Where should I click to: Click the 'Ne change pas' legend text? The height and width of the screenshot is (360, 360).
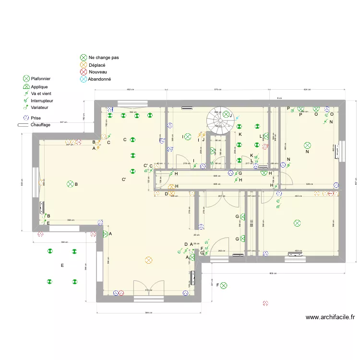[x=104, y=58]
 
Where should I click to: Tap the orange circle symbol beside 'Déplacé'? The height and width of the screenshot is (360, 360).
[x=84, y=65]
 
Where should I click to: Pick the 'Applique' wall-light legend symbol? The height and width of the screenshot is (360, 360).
[x=26, y=86]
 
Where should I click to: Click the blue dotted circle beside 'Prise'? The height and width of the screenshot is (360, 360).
[x=26, y=118]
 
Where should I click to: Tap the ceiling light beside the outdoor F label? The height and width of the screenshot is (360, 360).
[x=224, y=286]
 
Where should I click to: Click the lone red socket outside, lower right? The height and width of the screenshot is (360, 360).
[x=265, y=303]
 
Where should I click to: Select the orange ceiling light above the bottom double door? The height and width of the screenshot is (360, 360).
[x=148, y=260]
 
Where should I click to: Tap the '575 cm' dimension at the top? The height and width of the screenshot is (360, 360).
[x=216, y=90]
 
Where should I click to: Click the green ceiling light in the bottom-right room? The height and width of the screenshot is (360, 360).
[x=297, y=223]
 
